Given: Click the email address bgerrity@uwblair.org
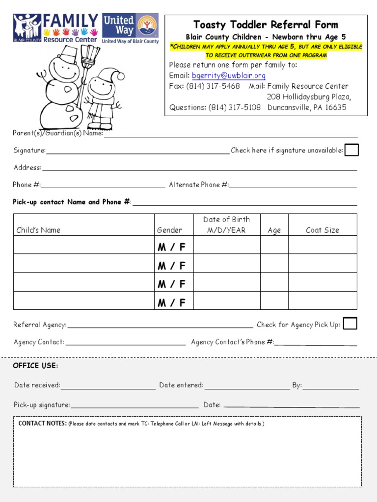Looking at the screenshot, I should pyautogui.click(x=228, y=75).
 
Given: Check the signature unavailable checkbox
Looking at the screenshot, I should pyautogui.click(x=351, y=150).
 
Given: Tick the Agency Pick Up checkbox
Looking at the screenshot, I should pyautogui.click(x=350, y=324).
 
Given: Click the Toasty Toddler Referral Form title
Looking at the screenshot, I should pyautogui.click(x=266, y=25).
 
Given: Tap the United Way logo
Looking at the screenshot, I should pyautogui.click(x=131, y=28).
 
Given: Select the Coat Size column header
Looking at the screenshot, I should pyautogui.click(x=322, y=230).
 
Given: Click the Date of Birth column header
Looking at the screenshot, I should pyautogui.click(x=226, y=225).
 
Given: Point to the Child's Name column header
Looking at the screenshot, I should pyautogui.click(x=38, y=230).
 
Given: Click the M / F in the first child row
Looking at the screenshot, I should pyautogui.click(x=172, y=247).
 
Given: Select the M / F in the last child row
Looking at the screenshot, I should pyautogui.click(x=172, y=303).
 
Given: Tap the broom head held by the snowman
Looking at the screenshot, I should pyautogui.click(x=90, y=55).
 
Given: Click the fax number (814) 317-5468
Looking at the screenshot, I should pyautogui.click(x=213, y=86).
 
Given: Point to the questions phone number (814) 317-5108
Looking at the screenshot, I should pyautogui.click(x=235, y=107).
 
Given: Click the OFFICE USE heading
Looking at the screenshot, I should pyautogui.click(x=35, y=366).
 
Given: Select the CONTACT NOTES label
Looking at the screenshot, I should pyautogui.click(x=42, y=423).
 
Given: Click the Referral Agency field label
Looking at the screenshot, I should pyautogui.click(x=40, y=325).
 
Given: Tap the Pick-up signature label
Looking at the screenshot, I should pyautogui.click(x=42, y=405).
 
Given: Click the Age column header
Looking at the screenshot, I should pyautogui.click(x=274, y=230).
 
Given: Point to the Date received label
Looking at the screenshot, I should pyautogui.click(x=37, y=385).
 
